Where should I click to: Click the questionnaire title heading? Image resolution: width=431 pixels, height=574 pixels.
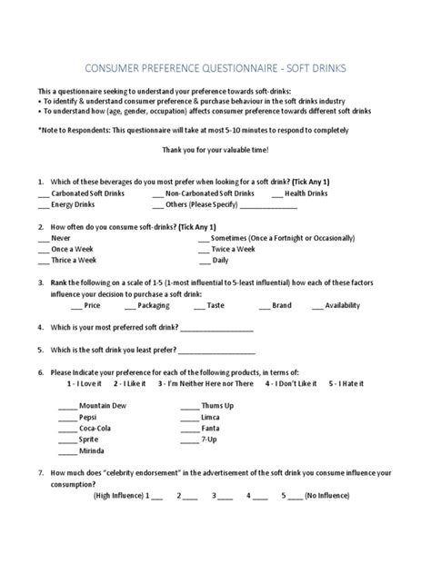(x=215, y=68)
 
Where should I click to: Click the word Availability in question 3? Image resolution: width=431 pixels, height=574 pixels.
(x=347, y=305)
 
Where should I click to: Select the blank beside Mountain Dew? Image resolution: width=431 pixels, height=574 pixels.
(x=67, y=405)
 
